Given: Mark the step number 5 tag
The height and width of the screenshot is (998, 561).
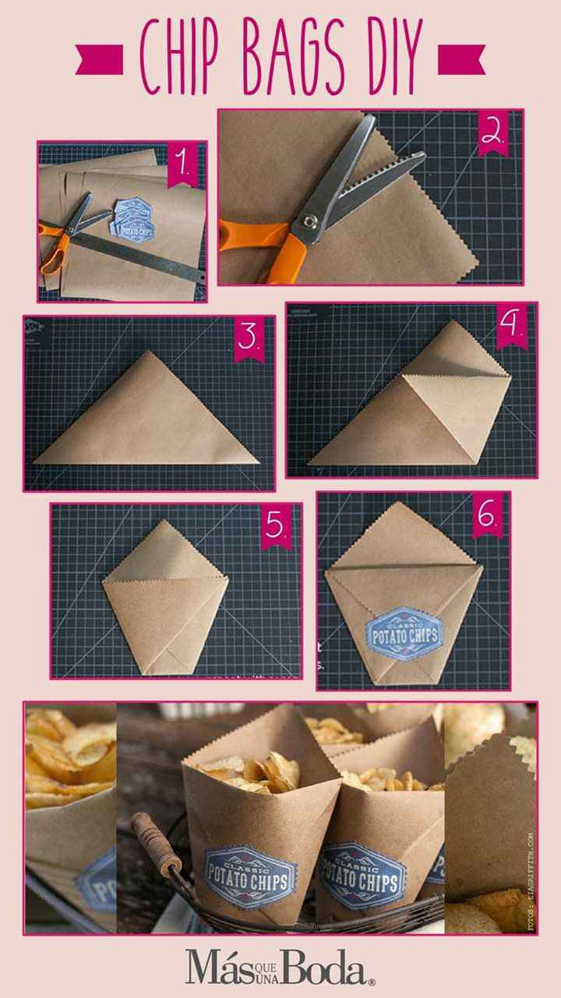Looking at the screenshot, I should (x=277, y=528).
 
